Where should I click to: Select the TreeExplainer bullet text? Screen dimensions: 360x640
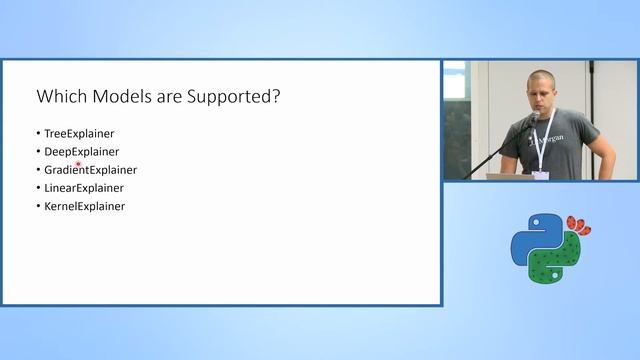(79, 133)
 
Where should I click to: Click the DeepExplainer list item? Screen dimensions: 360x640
(81, 151)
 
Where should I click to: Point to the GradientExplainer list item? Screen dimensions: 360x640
(90, 170)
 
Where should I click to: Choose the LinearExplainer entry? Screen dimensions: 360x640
(84, 188)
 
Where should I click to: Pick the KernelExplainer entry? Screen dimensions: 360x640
(84, 206)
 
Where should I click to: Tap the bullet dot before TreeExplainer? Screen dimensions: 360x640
(38, 133)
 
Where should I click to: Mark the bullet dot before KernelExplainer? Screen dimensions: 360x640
(38, 206)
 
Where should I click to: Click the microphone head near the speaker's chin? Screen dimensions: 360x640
(535, 116)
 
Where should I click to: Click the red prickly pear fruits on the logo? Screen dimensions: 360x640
(577, 225)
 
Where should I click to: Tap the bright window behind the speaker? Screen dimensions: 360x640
(455, 120)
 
